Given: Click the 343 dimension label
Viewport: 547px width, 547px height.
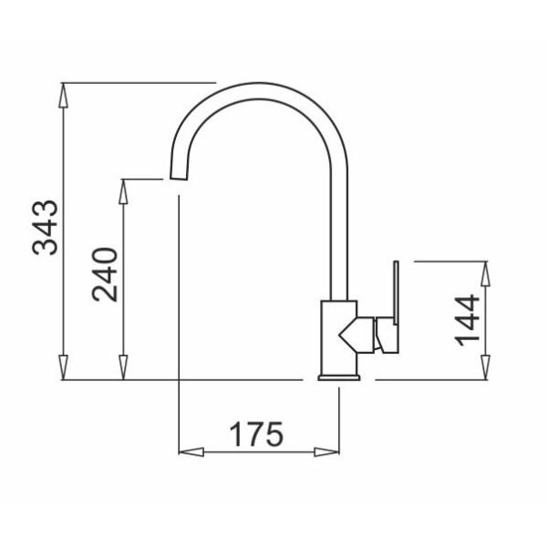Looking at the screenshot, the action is coord(45,228).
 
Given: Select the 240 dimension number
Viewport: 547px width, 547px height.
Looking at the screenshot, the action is coord(105,274).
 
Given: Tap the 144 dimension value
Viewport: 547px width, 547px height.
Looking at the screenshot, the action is coord(468,320).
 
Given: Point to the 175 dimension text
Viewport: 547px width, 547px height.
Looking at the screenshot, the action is coord(256,435).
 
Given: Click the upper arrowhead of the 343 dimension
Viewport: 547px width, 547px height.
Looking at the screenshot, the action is coord(63,95).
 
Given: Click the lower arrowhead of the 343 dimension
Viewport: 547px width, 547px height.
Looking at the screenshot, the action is coord(63,367).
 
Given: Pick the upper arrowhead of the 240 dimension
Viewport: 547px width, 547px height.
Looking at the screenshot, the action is coord(123,191).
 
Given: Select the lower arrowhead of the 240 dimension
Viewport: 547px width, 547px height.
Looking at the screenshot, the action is coord(123,367).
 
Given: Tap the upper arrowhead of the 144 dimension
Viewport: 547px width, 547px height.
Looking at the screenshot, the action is coord(485,273).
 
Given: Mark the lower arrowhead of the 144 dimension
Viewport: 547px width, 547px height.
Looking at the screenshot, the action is coord(485,367).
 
